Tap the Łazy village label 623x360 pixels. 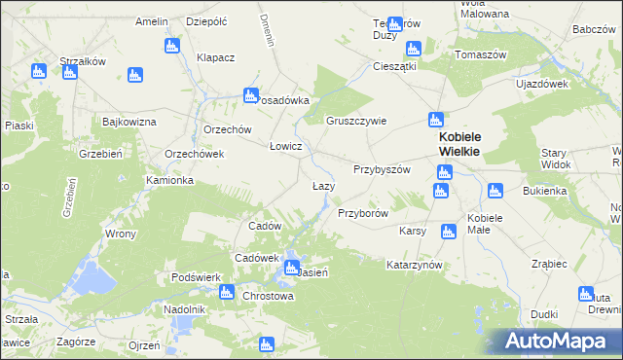(x=323, y=186)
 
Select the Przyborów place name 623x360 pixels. (x=363, y=212)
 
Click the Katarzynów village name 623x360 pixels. (x=415, y=265)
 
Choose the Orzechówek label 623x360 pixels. (x=195, y=154)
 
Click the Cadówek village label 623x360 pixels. (x=256, y=258)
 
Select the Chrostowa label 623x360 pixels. (x=268, y=296)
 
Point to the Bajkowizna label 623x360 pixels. (x=129, y=122)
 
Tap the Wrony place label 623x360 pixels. (x=120, y=234)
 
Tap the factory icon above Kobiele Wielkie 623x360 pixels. (x=435, y=120)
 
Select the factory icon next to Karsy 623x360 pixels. (x=448, y=231)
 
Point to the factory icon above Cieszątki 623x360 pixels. (x=413, y=48)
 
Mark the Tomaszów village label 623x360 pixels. (x=483, y=54)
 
